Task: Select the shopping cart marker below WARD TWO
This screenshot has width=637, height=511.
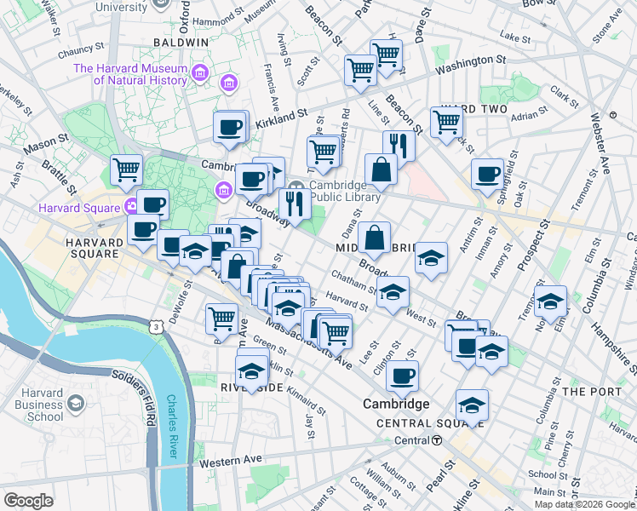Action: (446, 122)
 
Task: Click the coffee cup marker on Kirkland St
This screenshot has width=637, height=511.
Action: (228, 129)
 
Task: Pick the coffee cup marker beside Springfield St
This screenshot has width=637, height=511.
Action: (487, 175)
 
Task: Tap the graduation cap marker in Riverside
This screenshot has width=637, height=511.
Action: (251, 372)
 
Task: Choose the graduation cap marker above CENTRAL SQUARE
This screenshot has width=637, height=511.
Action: (472, 405)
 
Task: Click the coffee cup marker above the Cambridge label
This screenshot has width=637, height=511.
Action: (402, 375)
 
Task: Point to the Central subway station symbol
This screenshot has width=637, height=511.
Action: (436, 440)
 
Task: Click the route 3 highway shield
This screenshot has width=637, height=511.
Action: (155, 326)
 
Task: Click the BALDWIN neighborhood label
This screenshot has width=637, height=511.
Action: (181, 42)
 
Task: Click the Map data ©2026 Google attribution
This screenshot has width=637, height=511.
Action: (584, 504)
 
